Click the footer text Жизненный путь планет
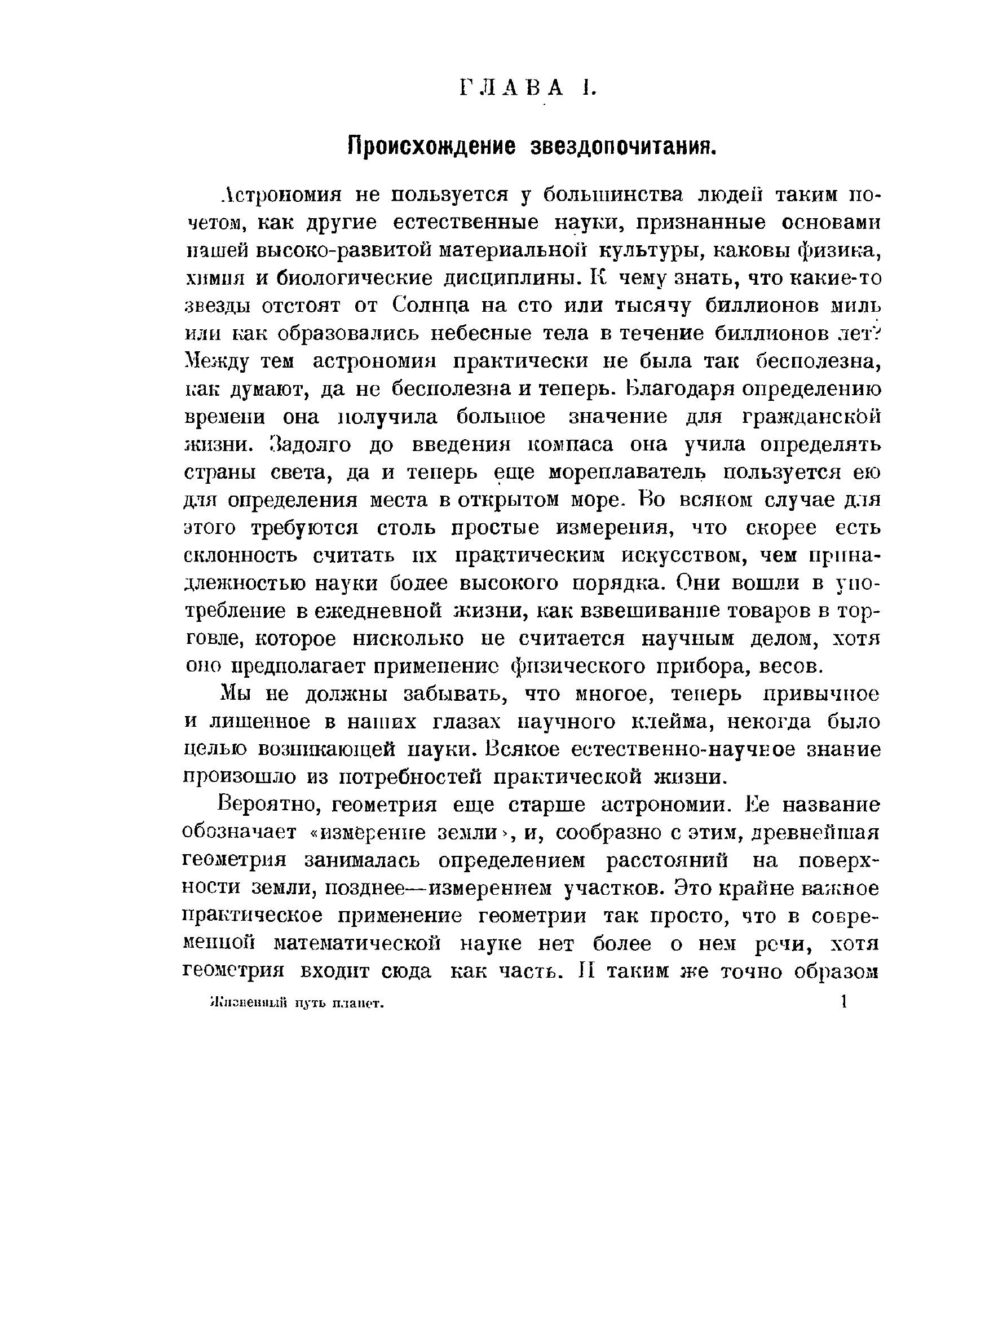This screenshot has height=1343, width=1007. pyautogui.click(x=298, y=1004)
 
